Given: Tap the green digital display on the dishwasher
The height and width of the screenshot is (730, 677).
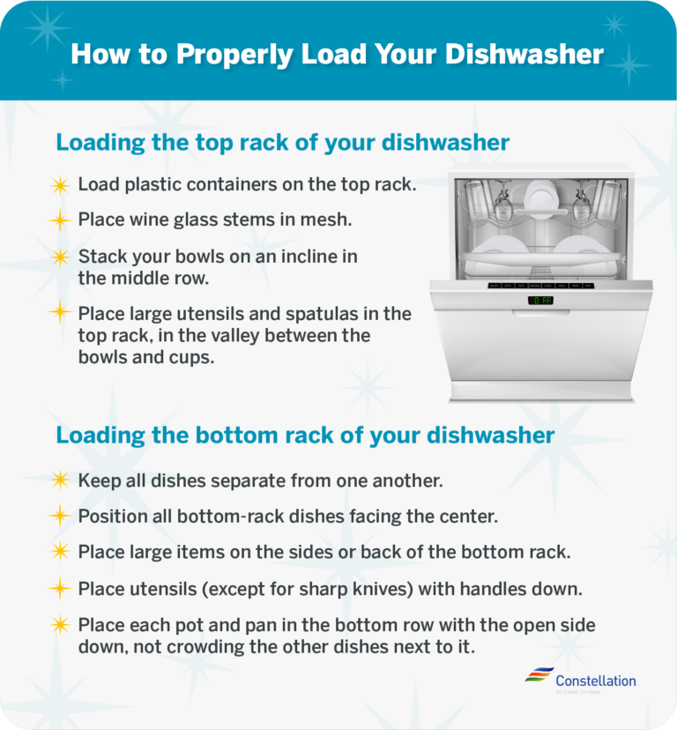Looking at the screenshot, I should (540, 301).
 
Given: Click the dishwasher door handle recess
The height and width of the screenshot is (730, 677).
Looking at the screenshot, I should (540, 311).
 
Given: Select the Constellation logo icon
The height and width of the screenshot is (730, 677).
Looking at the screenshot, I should (539, 675).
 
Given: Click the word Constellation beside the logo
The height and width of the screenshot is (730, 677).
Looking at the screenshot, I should (595, 681).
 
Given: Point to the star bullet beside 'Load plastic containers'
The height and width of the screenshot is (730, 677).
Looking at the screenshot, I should (59, 185).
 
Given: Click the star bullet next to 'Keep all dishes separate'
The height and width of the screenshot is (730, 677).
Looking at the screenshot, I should (59, 480).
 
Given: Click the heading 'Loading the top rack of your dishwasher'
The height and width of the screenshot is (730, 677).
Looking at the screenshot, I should (282, 142).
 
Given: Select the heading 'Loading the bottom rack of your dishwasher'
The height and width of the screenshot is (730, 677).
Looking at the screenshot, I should (305, 436).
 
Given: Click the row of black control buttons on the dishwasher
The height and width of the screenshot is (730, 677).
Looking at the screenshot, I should (540, 286).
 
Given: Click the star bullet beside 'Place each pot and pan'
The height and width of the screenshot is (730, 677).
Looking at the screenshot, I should (59, 625).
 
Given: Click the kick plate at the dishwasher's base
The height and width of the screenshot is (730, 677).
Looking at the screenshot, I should (541, 391).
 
